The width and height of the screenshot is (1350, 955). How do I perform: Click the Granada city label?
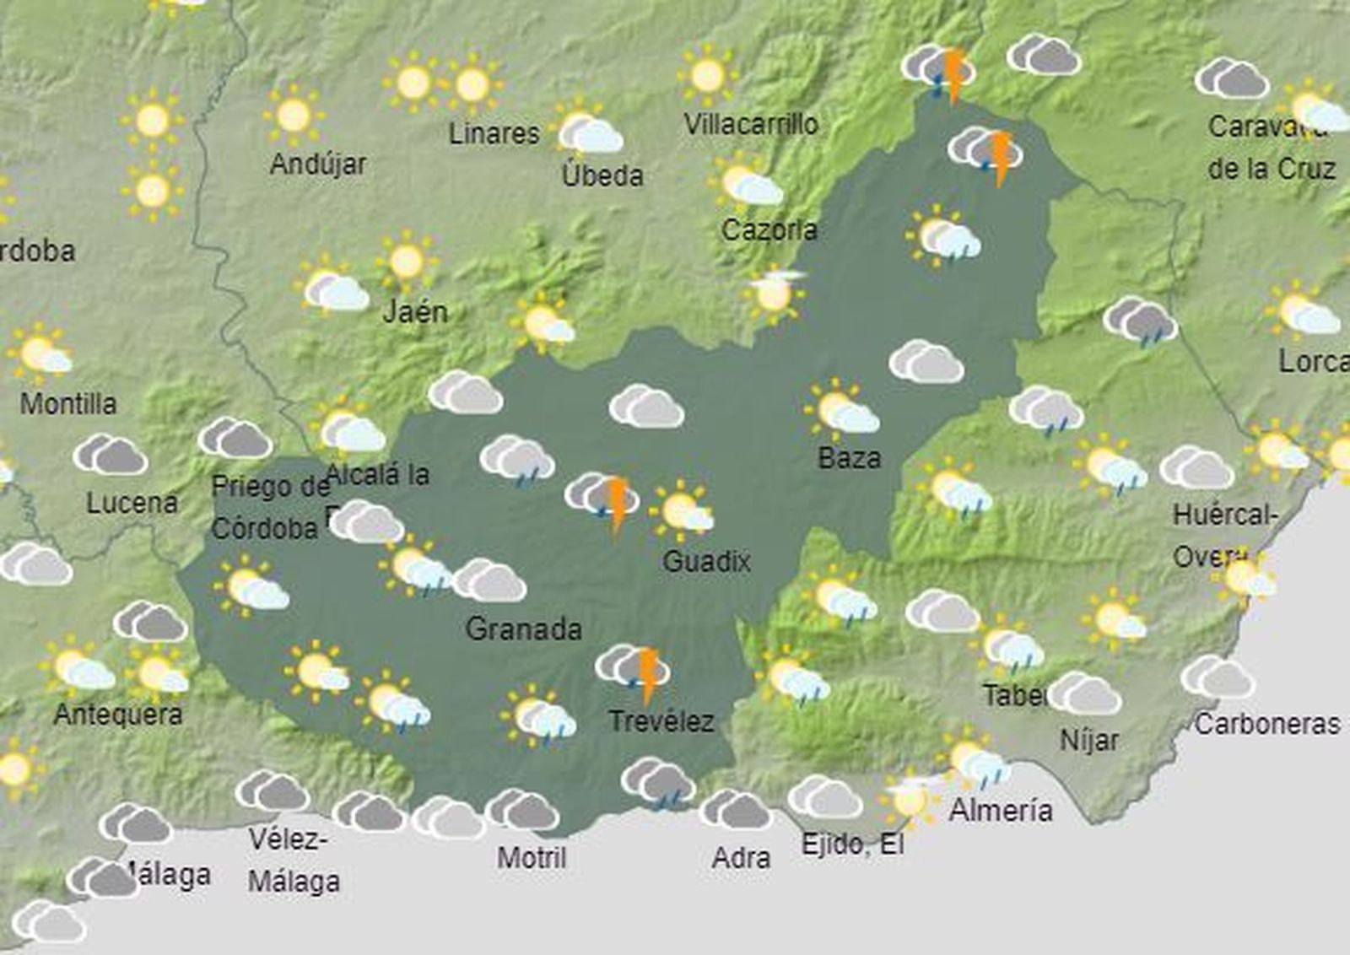[x=523, y=629]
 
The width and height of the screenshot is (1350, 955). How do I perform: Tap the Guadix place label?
[x=706, y=561]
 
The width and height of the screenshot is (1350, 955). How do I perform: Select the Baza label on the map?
[x=849, y=458]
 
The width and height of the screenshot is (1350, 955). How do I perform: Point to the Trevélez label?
[x=661, y=721]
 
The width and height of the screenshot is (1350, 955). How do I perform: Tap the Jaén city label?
[x=415, y=312]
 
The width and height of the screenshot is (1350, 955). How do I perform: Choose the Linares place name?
[x=494, y=133]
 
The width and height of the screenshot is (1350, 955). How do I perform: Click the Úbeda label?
[x=602, y=175]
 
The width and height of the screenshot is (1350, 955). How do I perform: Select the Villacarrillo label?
[x=750, y=125]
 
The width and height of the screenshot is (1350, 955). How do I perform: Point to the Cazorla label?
[x=769, y=229]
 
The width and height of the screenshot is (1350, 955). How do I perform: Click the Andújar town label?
[x=318, y=164]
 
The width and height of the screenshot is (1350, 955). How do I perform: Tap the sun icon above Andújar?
[x=293, y=115]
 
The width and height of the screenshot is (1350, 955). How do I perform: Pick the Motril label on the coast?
[x=532, y=858]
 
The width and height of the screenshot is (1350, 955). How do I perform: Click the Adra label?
[x=741, y=858]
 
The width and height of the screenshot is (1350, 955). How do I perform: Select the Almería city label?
[x=1001, y=811]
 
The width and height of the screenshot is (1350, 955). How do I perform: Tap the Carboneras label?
[x=1266, y=724]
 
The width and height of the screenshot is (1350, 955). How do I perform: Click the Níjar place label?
[x=1089, y=741]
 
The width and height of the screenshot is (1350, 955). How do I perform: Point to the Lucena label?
[x=132, y=504]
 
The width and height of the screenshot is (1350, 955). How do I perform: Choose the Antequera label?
[x=118, y=715]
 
